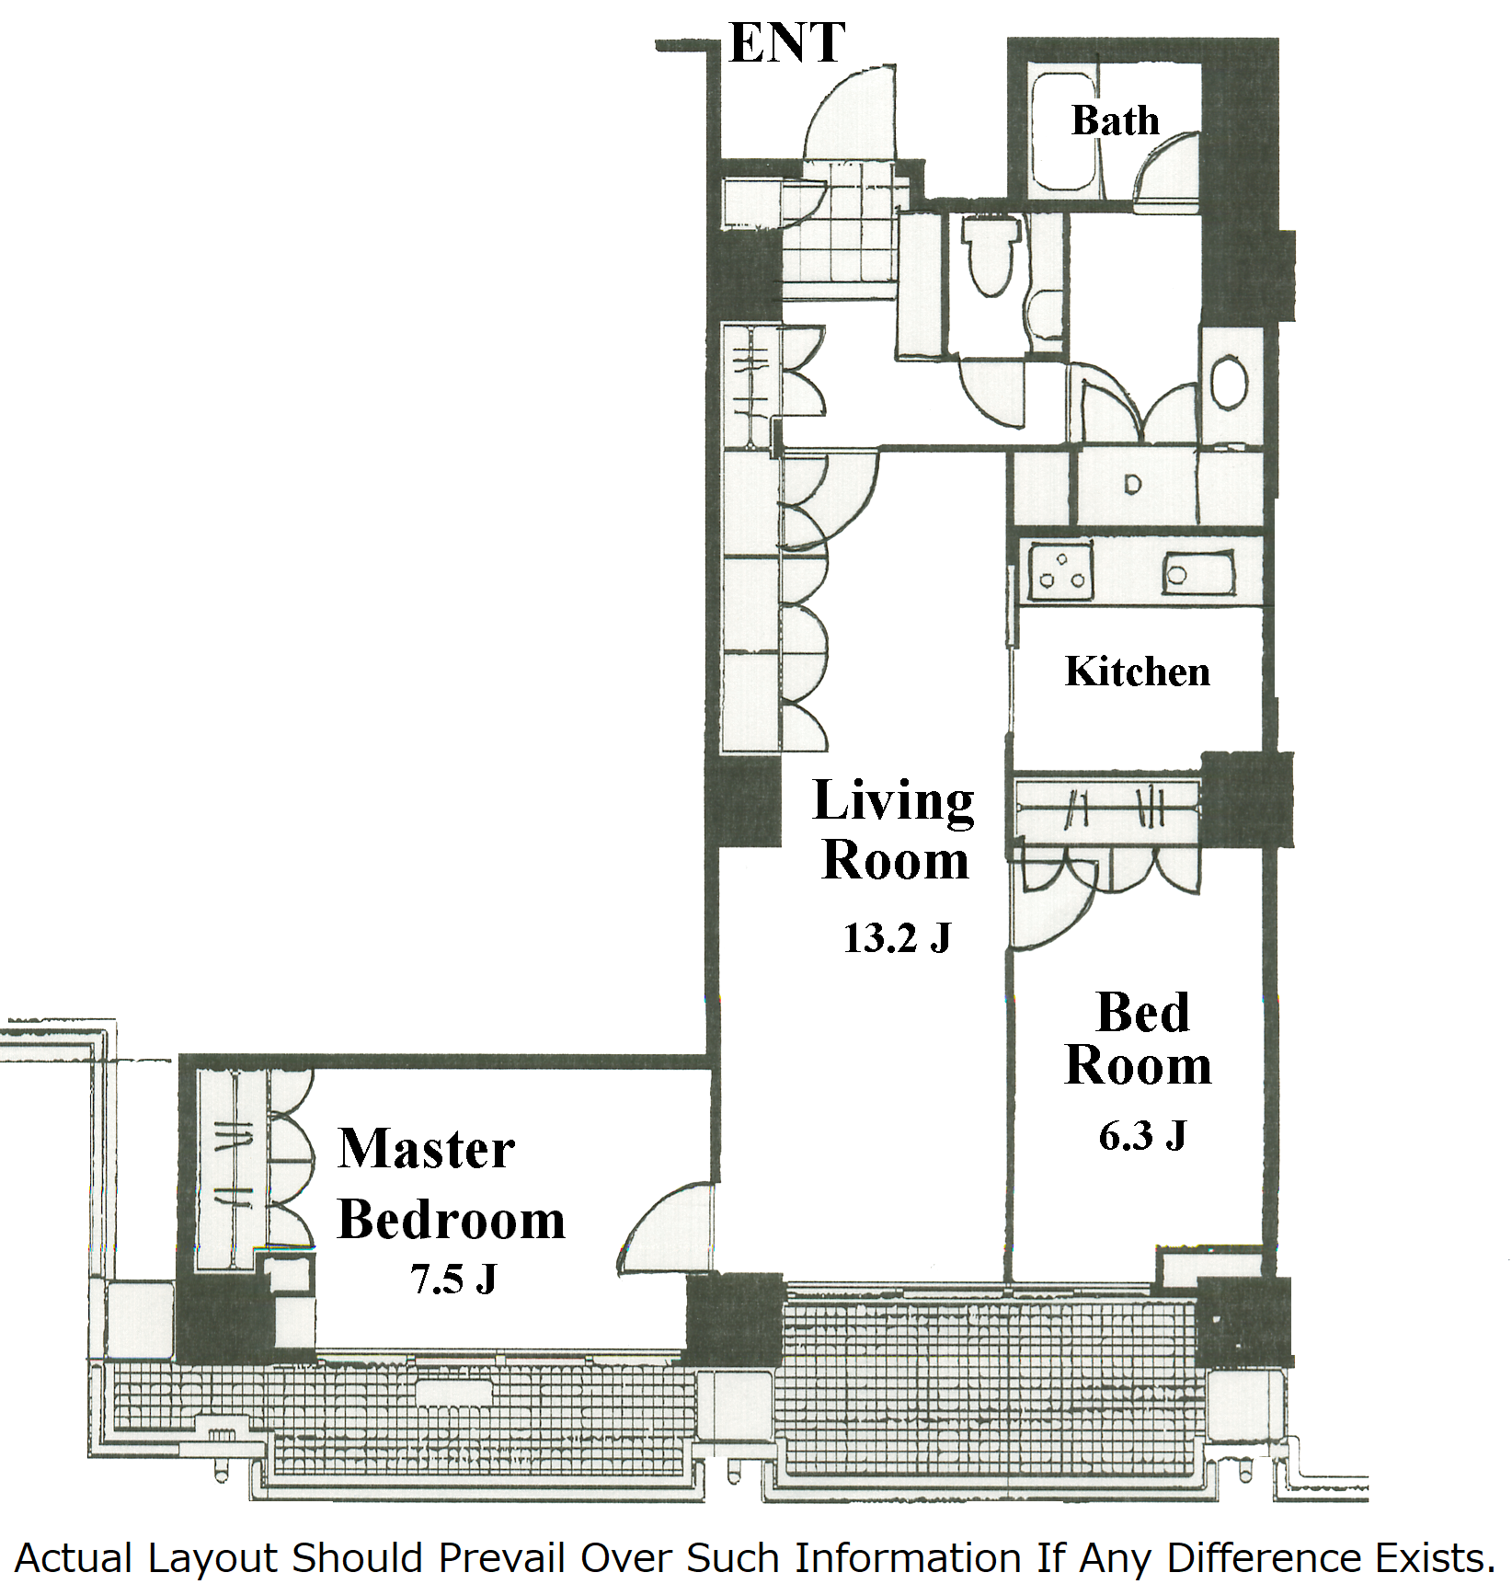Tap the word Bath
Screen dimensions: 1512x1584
click(x=1115, y=121)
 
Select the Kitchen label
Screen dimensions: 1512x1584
click(x=1138, y=671)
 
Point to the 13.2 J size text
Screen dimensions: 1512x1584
click(x=897, y=937)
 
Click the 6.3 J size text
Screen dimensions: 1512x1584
click(x=1142, y=1135)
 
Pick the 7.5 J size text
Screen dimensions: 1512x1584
click(x=453, y=1279)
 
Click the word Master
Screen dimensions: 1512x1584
click(x=427, y=1149)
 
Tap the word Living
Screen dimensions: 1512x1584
click(x=894, y=802)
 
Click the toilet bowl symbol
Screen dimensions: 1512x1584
click(x=991, y=253)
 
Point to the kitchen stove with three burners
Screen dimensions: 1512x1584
click(x=1060, y=571)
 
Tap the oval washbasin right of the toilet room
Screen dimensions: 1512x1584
click(x=1229, y=384)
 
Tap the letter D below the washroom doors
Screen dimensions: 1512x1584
click(x=1132, y=484)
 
